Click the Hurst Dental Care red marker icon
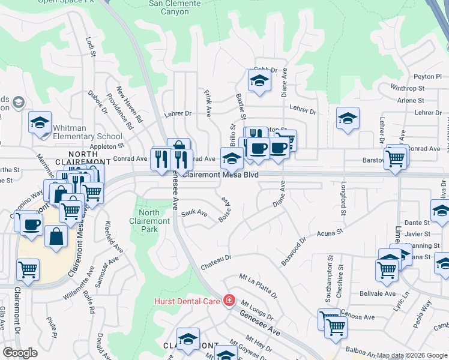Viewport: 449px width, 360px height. point(229,300)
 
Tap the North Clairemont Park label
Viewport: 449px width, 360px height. point(149,221)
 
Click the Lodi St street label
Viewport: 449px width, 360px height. point(91,47)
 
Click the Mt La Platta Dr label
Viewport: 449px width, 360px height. point(258,286)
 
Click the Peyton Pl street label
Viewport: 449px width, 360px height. point(427,77)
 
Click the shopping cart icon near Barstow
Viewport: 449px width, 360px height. point(395,159)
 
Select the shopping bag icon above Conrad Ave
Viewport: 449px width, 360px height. point(179,146)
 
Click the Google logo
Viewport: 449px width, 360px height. point(20,353)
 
